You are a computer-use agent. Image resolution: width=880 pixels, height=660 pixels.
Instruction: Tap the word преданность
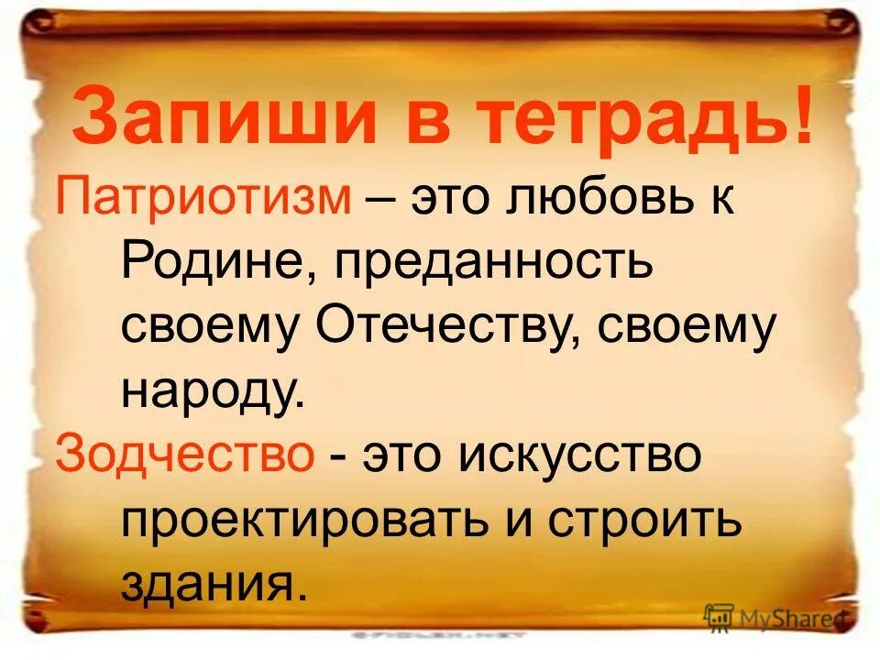pos(496,264)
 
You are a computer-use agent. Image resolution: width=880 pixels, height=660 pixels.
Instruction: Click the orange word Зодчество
pos(184,456)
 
